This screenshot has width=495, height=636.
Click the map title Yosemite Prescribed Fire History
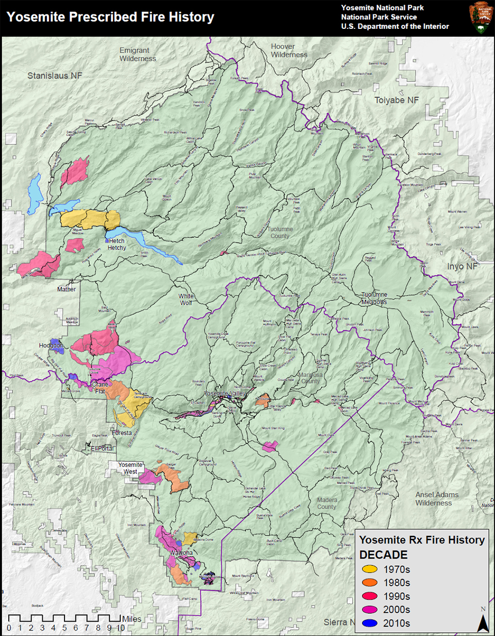110,17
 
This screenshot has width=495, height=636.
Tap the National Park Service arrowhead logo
480,18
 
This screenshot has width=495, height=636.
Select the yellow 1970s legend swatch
370,569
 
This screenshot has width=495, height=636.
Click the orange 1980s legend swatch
370,583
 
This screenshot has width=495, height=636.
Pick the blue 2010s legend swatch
370,623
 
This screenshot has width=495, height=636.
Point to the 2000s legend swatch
370,610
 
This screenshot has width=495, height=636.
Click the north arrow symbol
483,621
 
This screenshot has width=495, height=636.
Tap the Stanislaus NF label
55,76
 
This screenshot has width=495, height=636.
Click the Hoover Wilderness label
289,51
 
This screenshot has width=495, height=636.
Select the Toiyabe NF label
397,101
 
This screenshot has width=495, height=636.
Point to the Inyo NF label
462,267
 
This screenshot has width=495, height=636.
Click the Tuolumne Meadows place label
374,298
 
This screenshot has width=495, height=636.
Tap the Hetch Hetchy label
117,244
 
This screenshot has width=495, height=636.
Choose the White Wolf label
186,299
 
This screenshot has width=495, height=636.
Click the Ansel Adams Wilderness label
436,499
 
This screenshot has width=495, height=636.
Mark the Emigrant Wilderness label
138,55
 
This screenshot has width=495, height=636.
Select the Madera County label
327,503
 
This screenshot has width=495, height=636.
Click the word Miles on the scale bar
131,619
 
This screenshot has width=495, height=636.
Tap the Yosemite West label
130,468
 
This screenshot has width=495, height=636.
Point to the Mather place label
67,289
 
